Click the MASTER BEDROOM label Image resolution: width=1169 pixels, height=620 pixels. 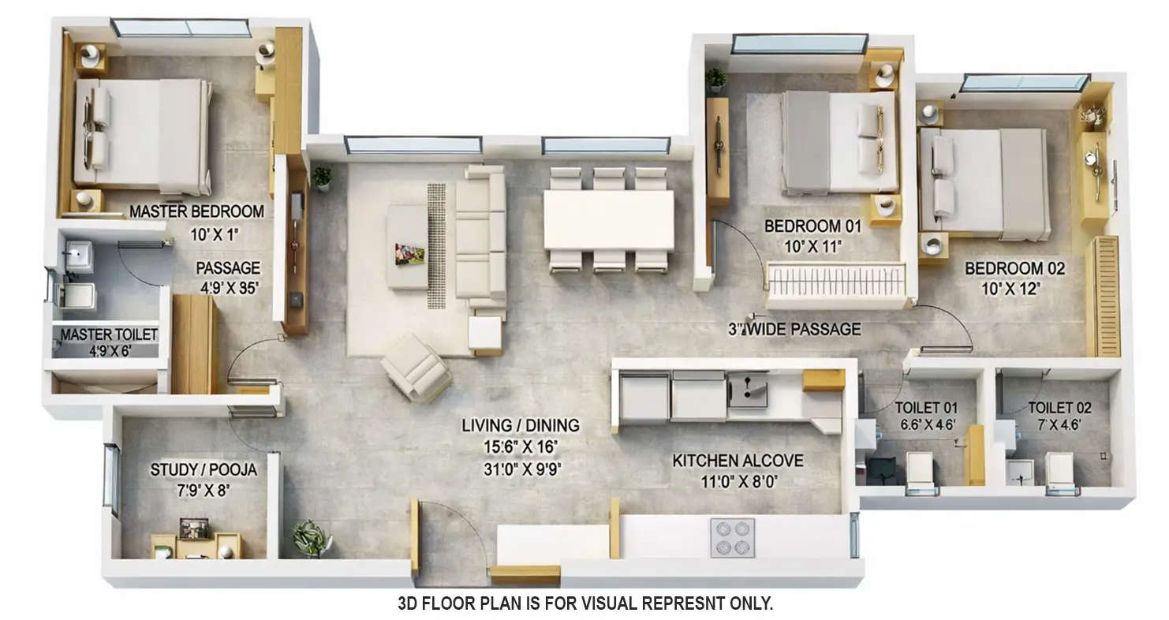pyautogui.click(x=196, y=211)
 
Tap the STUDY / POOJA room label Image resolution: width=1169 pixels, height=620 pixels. pyautogui.click(x=204, y=470)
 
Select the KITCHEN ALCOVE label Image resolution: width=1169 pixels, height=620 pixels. pyautogui.click(x=738, y=461)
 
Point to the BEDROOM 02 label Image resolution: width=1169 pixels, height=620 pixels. pyautogui.click(x=1014, y=269)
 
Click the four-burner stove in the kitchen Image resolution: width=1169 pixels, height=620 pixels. pyautogui.click(x=733, y=538)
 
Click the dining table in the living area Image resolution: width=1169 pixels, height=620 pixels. pyautogui.click(x=608, y=220)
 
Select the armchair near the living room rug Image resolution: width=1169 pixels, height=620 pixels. pyautogui.click(x=416, y=368)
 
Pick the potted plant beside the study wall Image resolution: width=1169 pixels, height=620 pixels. pyautogui.click(x=312, y=539)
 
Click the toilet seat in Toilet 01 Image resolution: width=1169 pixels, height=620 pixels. pyautogui.click(x=920, y=472)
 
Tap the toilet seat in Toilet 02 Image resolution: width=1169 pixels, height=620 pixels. pyautogui.click(x=1062, y=472)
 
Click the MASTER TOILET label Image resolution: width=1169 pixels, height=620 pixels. pyautogui.click(x=109, y=334)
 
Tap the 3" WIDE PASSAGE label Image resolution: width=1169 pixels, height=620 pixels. pyautogui.click(x=794, y=329)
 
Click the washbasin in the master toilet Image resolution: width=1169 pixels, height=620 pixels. pyautogui.click(x=79, y=254)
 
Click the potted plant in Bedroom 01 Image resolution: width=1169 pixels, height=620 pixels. pyautogui.click(x=716, y=78)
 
